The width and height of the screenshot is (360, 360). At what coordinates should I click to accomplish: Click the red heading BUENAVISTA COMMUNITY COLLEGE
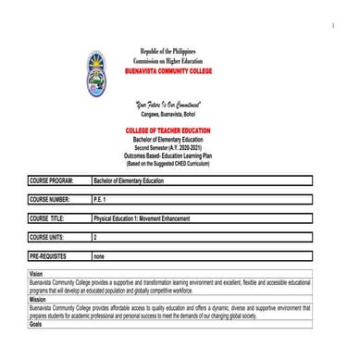(x=176, y=69)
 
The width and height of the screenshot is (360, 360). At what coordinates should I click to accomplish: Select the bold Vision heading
(x=38, y=274)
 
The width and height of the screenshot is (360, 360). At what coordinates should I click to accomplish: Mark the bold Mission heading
(x=39, y=300)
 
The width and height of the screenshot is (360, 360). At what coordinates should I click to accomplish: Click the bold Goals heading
(x=37, y=325)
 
